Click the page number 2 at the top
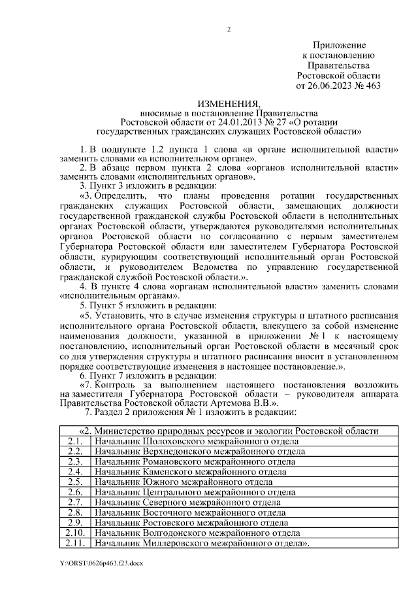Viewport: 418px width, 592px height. pos(229,28)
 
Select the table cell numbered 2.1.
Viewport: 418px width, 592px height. pos(74,441)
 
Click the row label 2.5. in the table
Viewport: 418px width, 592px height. pos(74,482)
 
